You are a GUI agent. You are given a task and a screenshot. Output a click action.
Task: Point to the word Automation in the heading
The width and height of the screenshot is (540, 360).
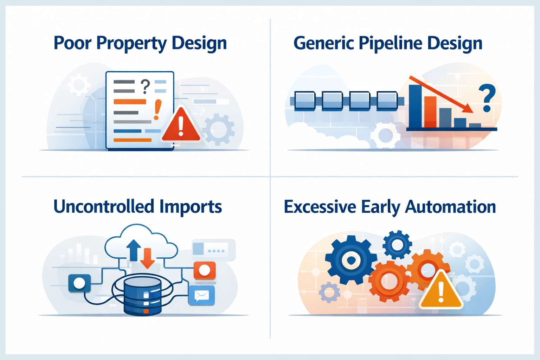(x=450, y=206)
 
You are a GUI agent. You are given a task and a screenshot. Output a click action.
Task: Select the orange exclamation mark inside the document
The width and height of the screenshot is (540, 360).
(x=157, y=109)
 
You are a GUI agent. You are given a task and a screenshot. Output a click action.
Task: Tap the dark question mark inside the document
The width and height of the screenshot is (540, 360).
(x=145, y=86)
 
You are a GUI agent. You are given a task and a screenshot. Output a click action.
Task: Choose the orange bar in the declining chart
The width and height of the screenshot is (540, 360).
(x=430, y=112)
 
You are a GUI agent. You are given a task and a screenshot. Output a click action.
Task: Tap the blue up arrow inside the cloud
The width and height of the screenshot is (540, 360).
(x=133, y=250)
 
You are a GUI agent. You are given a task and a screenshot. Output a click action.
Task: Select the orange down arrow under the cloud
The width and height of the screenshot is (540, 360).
(x=147, y=258)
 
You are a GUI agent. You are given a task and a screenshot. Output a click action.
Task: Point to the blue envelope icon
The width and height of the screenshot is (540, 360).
(x=201, y=296)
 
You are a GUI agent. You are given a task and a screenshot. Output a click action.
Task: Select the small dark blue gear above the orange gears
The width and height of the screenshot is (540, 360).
(x=397, y=245)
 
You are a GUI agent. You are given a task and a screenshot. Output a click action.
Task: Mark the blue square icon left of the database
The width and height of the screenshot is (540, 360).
(x=79, y=283)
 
